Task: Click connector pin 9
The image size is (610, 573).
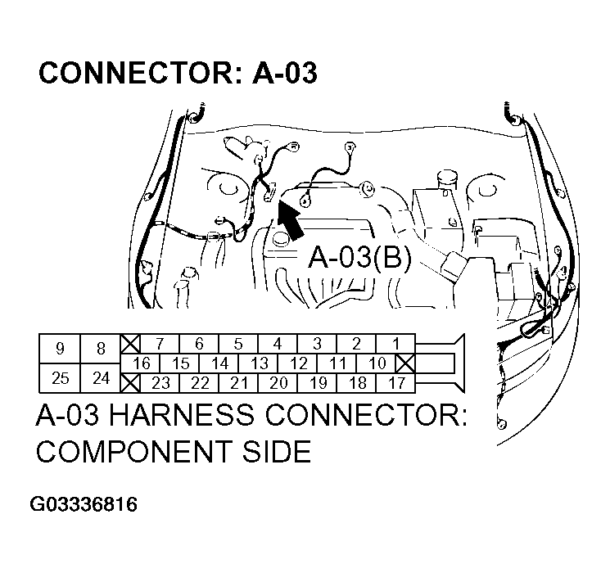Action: click(x=60, y=349)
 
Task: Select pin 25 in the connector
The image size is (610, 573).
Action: click(x=60, y=377)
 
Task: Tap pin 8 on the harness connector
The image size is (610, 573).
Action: click(x=101, y=349)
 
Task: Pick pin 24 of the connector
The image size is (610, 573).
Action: click(x=101, y=377)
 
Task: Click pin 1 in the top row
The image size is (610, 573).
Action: click(x=395, y=344)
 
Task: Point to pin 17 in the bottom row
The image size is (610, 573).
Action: click(x=395, y=382)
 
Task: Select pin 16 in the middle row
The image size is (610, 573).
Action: click(x=141, y=363)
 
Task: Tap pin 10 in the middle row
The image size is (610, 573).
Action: click(x=377, y=363)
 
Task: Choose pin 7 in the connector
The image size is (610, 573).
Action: click(x=160, y=344)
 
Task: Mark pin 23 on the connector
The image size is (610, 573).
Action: click(x=160, y=382)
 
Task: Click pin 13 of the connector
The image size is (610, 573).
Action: click(x=259, y=363)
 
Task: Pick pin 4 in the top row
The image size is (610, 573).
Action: click(x=278, y=344)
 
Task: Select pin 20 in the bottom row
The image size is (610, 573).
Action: click(x=278, y=382)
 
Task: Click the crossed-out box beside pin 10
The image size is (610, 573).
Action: click(x=406, y=363)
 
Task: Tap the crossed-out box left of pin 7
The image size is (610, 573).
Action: click(x=130, y=344)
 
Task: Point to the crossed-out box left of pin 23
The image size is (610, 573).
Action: click(x=130, y=382)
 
